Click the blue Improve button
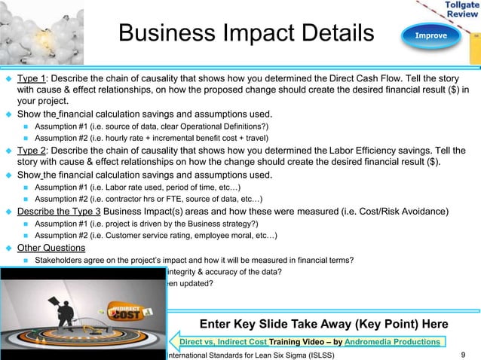(x=430, y=35)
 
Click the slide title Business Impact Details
(x=247, y=34)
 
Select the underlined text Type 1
(x=32, y=78)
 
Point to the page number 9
(x=461, y=354)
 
